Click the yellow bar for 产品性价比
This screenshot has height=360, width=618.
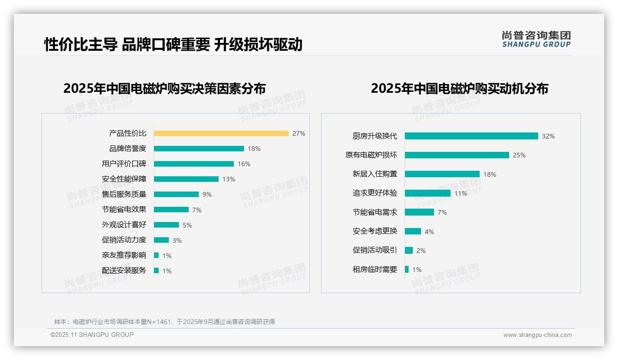(221, 133)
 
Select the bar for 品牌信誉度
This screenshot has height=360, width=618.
(199, 149)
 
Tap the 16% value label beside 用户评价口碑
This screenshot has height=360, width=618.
(244, 164)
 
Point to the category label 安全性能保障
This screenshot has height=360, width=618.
(124, 179)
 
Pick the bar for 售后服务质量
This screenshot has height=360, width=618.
(176, 194)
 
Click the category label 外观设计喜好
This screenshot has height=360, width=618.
(124, 225)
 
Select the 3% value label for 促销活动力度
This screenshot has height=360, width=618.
(177, 240)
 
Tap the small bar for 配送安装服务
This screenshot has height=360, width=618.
(156, 270)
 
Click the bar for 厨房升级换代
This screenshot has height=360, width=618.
(471, 136)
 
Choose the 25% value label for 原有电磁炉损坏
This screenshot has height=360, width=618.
(519, 155)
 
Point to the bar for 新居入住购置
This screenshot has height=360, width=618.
(442, 174)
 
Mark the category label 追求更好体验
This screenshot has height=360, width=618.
(375, 193)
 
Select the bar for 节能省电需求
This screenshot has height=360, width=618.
(419, 212)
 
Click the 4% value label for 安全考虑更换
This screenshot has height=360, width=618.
(429, 232)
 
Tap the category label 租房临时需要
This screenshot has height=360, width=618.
(375, 270)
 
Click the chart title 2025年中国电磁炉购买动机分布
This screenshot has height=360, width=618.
(459, 89)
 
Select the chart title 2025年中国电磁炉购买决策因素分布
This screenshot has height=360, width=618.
(164, 89)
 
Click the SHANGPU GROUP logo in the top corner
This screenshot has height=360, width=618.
(536, 39)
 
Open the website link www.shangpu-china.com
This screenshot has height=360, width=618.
(537, 335)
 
